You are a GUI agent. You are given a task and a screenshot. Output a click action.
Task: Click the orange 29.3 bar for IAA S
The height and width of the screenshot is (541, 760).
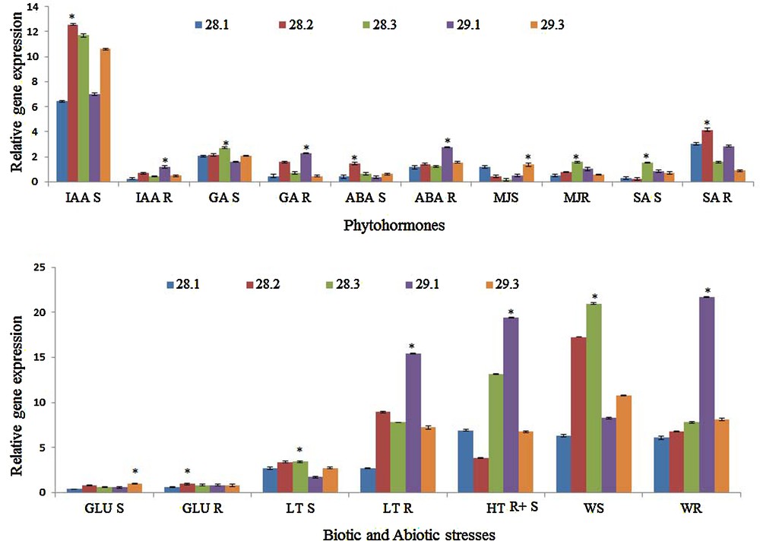point(105,115)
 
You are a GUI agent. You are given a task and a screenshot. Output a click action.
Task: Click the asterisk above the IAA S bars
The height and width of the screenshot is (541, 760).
point(72,16)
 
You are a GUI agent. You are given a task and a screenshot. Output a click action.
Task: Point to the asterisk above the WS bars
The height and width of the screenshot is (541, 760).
point(595,297)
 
